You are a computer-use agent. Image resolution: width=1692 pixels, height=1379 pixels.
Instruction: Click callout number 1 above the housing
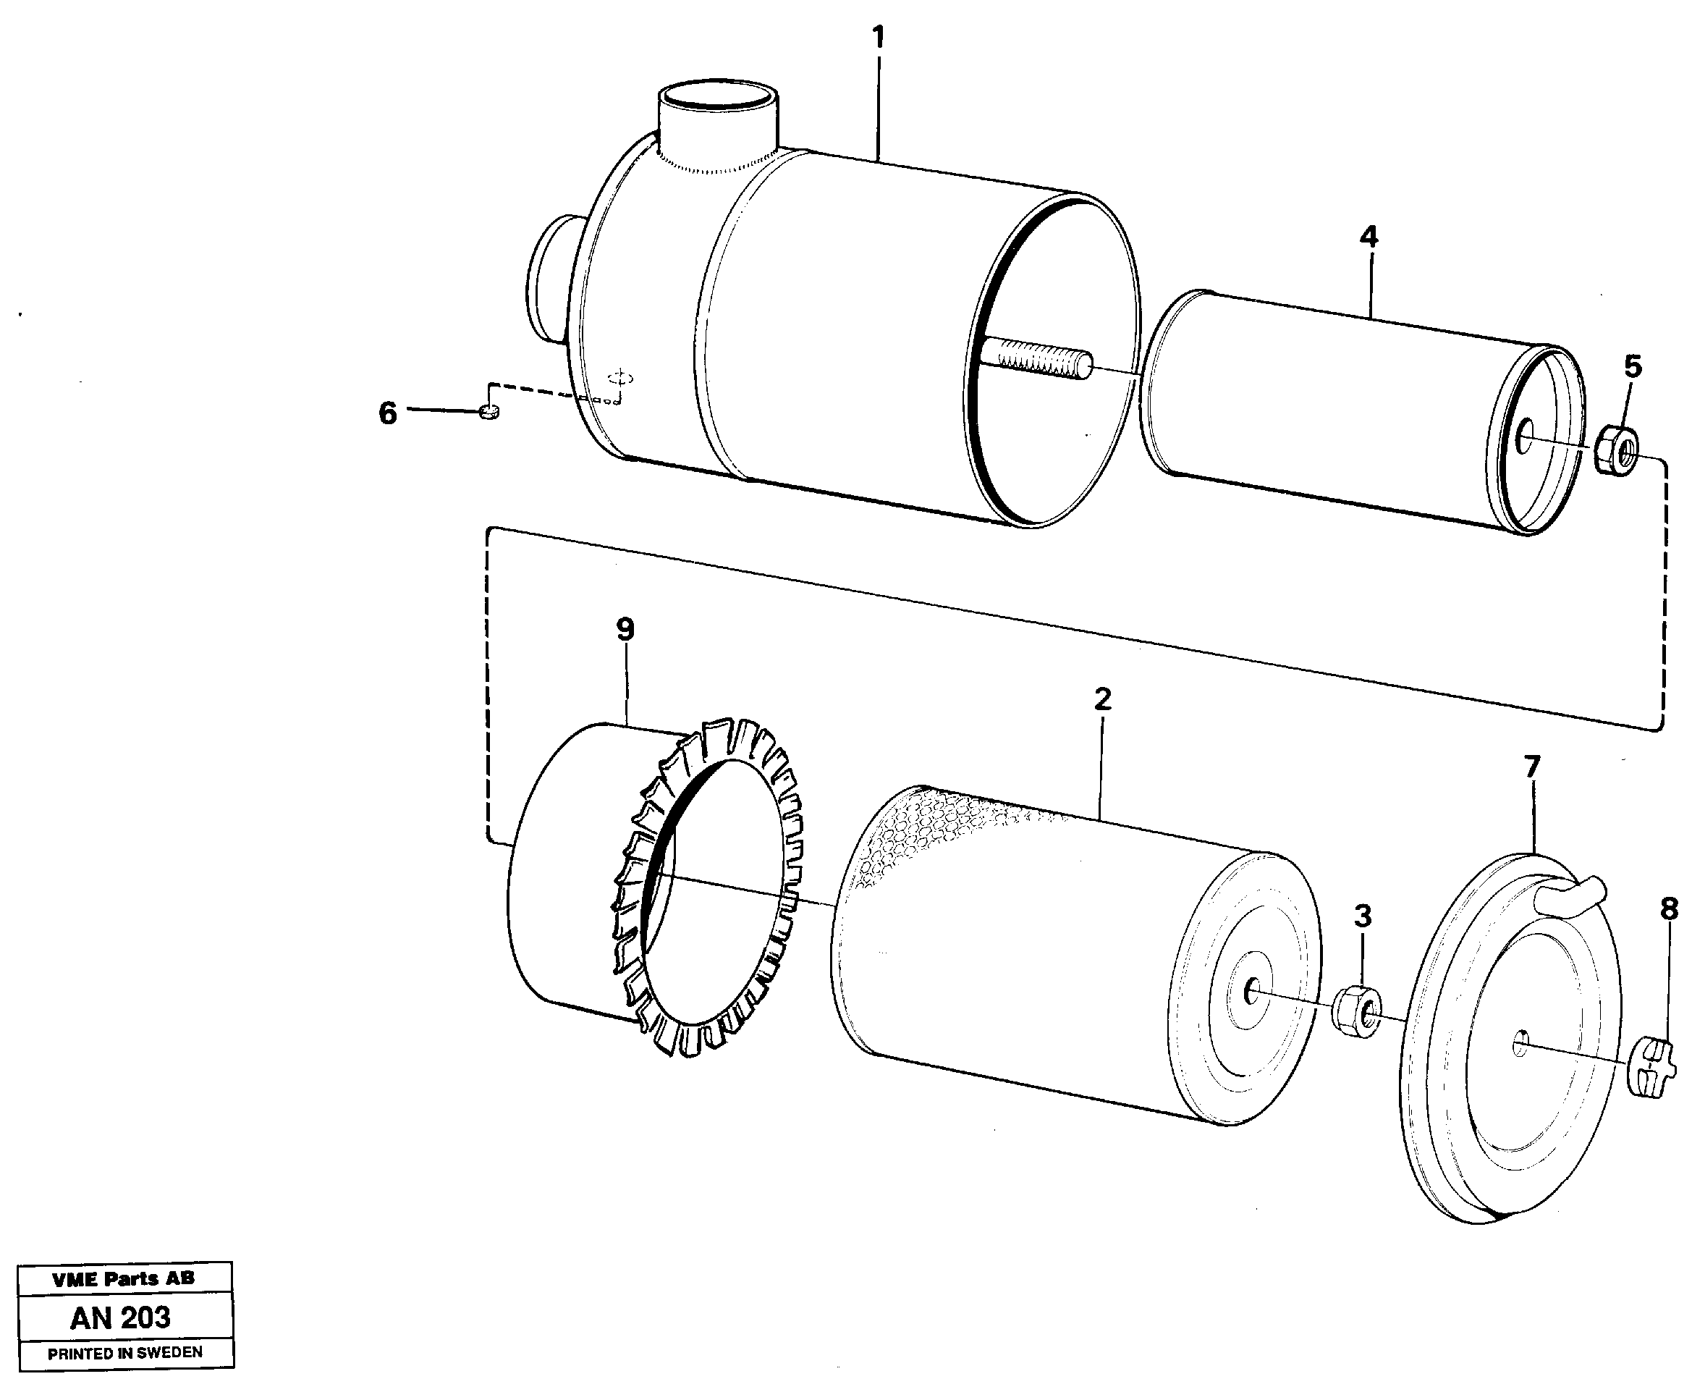click(877, 38)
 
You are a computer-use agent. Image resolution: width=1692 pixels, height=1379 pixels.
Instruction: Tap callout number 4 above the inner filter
click(1368, 237)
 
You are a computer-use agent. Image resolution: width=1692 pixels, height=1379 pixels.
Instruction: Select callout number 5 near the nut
click(1633, 367)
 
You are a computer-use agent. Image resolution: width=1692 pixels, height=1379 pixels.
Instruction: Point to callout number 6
click(387, 413)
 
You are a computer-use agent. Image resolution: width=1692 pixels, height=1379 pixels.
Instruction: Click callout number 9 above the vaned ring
click(626, 630)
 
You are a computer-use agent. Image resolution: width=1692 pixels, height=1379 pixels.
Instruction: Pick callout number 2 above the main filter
click(1102, 699)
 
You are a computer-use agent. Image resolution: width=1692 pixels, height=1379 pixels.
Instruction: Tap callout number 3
click(1363, 916)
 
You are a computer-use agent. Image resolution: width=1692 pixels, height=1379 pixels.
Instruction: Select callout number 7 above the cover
click(1531, 767)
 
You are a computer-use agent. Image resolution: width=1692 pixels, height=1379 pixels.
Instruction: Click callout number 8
click(1669, 909)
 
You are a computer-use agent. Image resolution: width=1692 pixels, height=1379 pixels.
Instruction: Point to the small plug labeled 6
click(490, 410)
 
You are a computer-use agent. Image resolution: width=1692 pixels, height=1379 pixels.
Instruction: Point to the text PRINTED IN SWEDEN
click(124, 1352)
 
